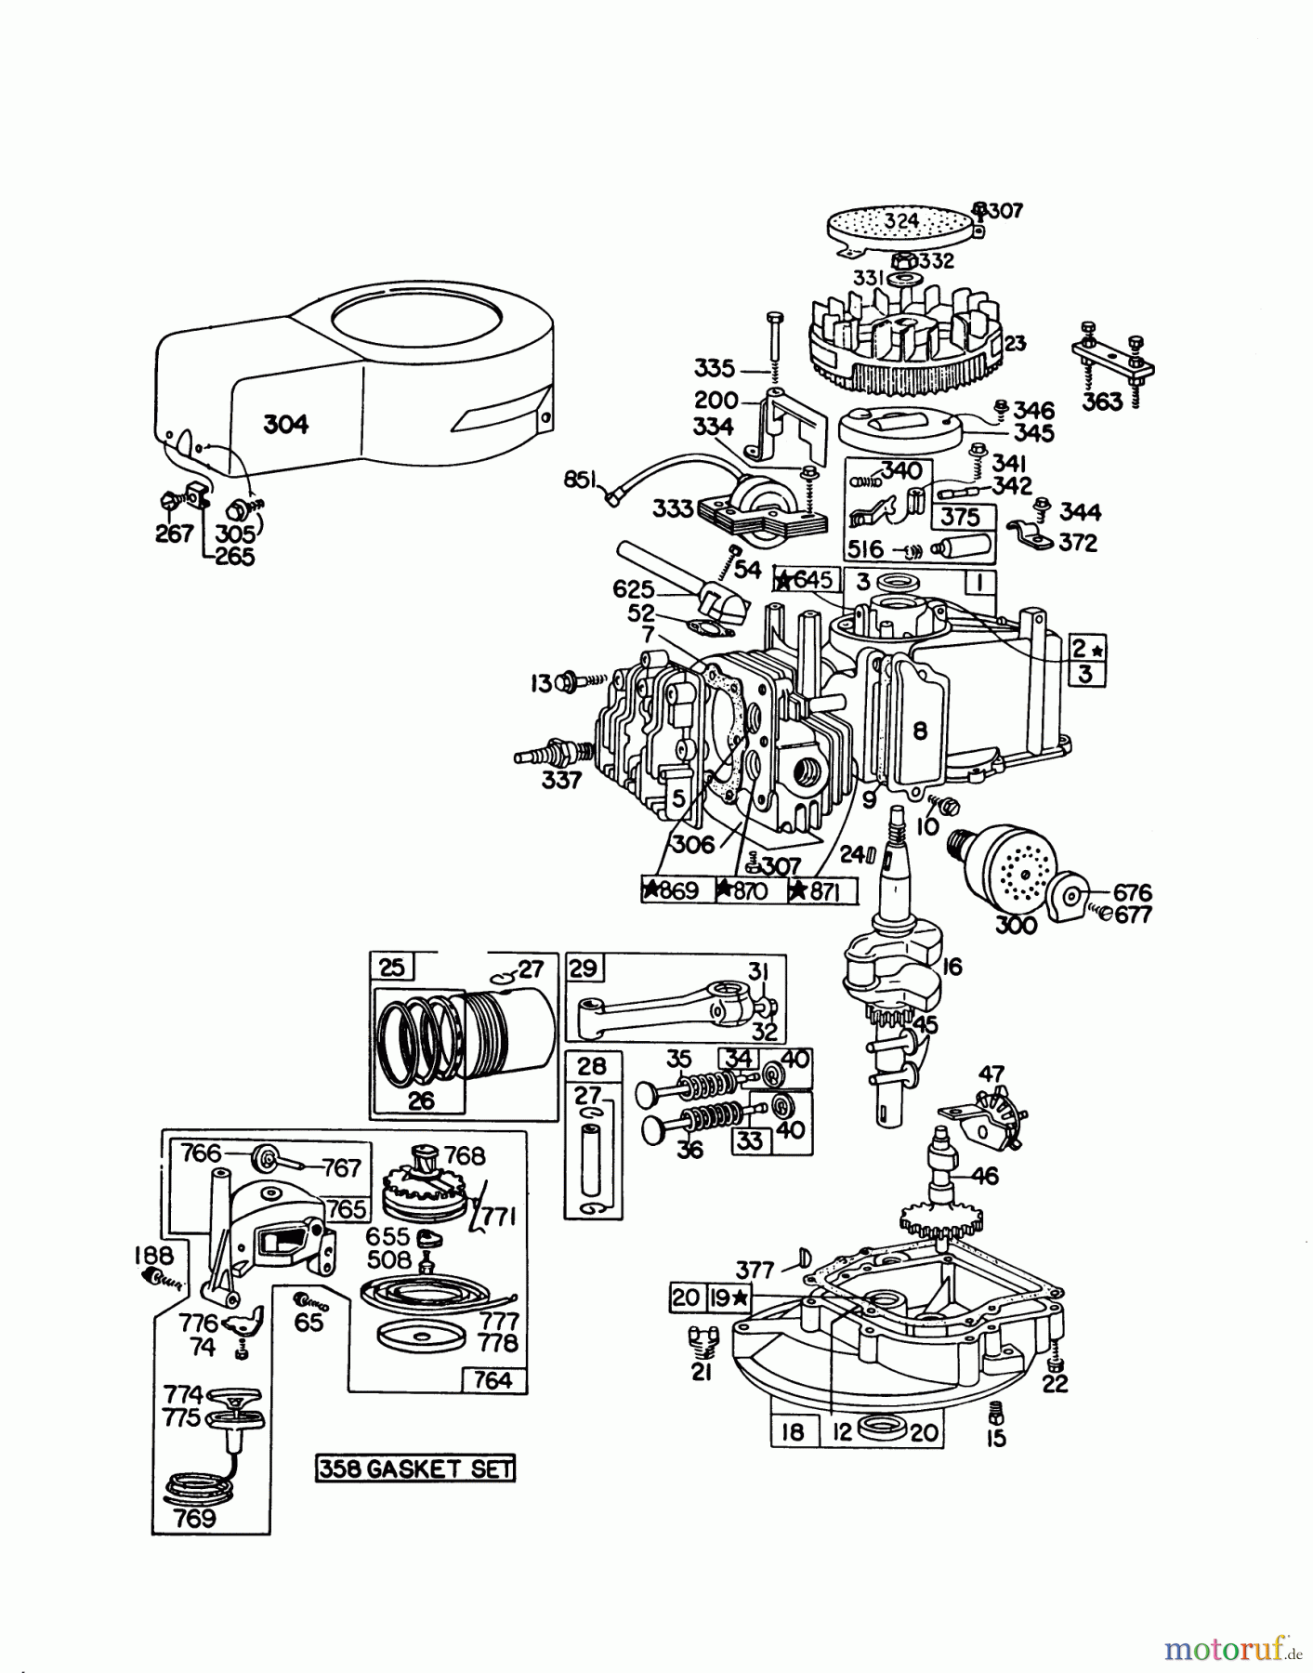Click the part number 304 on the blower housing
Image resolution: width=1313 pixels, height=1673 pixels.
click(x=285, y=425)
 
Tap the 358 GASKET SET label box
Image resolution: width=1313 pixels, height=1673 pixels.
click(x=414, y=1469)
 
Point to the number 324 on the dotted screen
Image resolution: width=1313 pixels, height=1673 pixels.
click(x=900, y=221)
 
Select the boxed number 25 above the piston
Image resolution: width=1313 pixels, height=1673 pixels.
click(x=392, y=968)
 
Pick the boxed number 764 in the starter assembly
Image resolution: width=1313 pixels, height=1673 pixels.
click(x=492, y=1380)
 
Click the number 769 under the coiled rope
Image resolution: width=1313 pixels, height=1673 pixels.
click(x=195, y=1519)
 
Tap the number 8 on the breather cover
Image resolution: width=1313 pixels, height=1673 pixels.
click(x=919, y=731)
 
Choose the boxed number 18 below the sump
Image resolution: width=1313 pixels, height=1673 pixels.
click(x=792, y=1432)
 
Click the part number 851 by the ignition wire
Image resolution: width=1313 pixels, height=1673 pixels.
click(x=582, y=481)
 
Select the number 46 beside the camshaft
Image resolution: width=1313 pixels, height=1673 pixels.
click(x=984, y=1177)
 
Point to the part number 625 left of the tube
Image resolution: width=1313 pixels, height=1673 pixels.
click(x=633, y=590)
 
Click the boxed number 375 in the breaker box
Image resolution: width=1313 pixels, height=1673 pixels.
click(x=960, y=517)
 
